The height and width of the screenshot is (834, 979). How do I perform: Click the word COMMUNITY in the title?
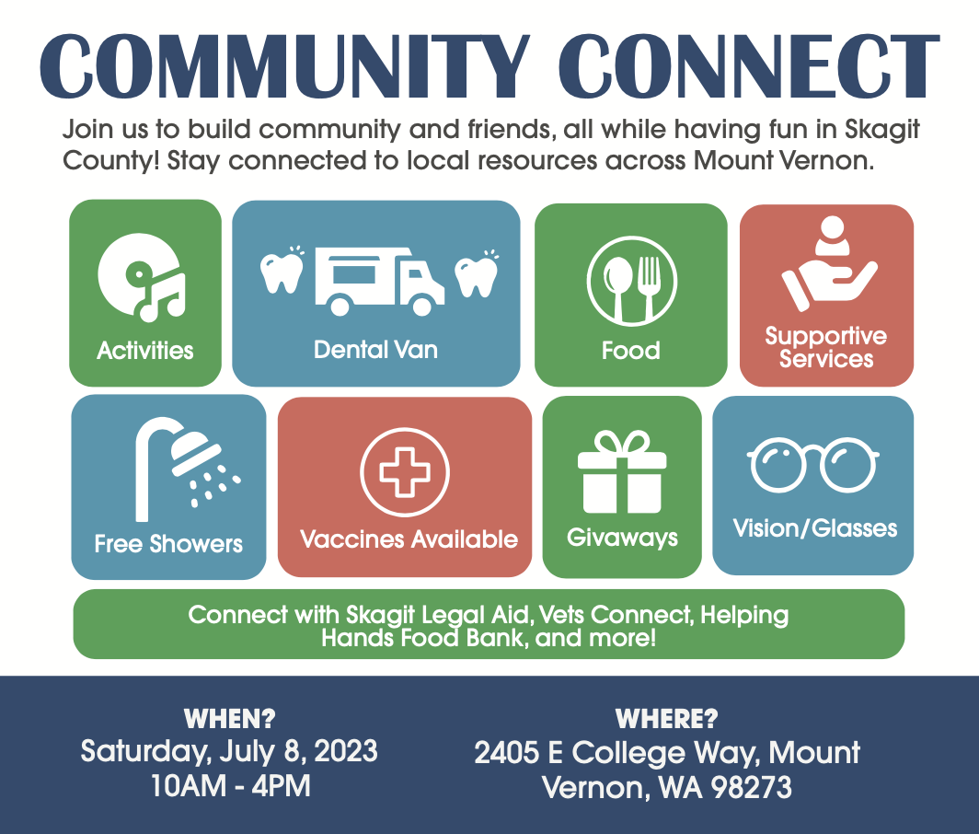coord(284,65)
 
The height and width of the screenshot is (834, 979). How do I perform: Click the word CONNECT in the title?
coord(749,65)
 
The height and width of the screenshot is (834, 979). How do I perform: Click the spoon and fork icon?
coord(631,281)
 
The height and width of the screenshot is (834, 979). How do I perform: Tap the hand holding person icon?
coord(829,263)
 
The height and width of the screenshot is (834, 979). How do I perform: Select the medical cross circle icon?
coord(405,472)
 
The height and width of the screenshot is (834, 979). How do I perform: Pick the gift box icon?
coord(622,472)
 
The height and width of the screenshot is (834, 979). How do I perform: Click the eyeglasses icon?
coord(813,464)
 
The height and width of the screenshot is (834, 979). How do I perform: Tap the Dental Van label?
coord(375,350)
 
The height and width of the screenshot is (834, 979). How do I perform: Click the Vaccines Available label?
coord(409,539)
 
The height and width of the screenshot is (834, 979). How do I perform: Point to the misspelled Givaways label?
coord(623,538)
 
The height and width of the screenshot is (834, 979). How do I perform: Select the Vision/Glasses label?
coord(815,528)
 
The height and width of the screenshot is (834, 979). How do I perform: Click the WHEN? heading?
coord(230,719)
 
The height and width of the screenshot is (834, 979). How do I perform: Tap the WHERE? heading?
coord(667,719)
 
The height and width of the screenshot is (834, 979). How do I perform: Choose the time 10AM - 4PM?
coord(230,786)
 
